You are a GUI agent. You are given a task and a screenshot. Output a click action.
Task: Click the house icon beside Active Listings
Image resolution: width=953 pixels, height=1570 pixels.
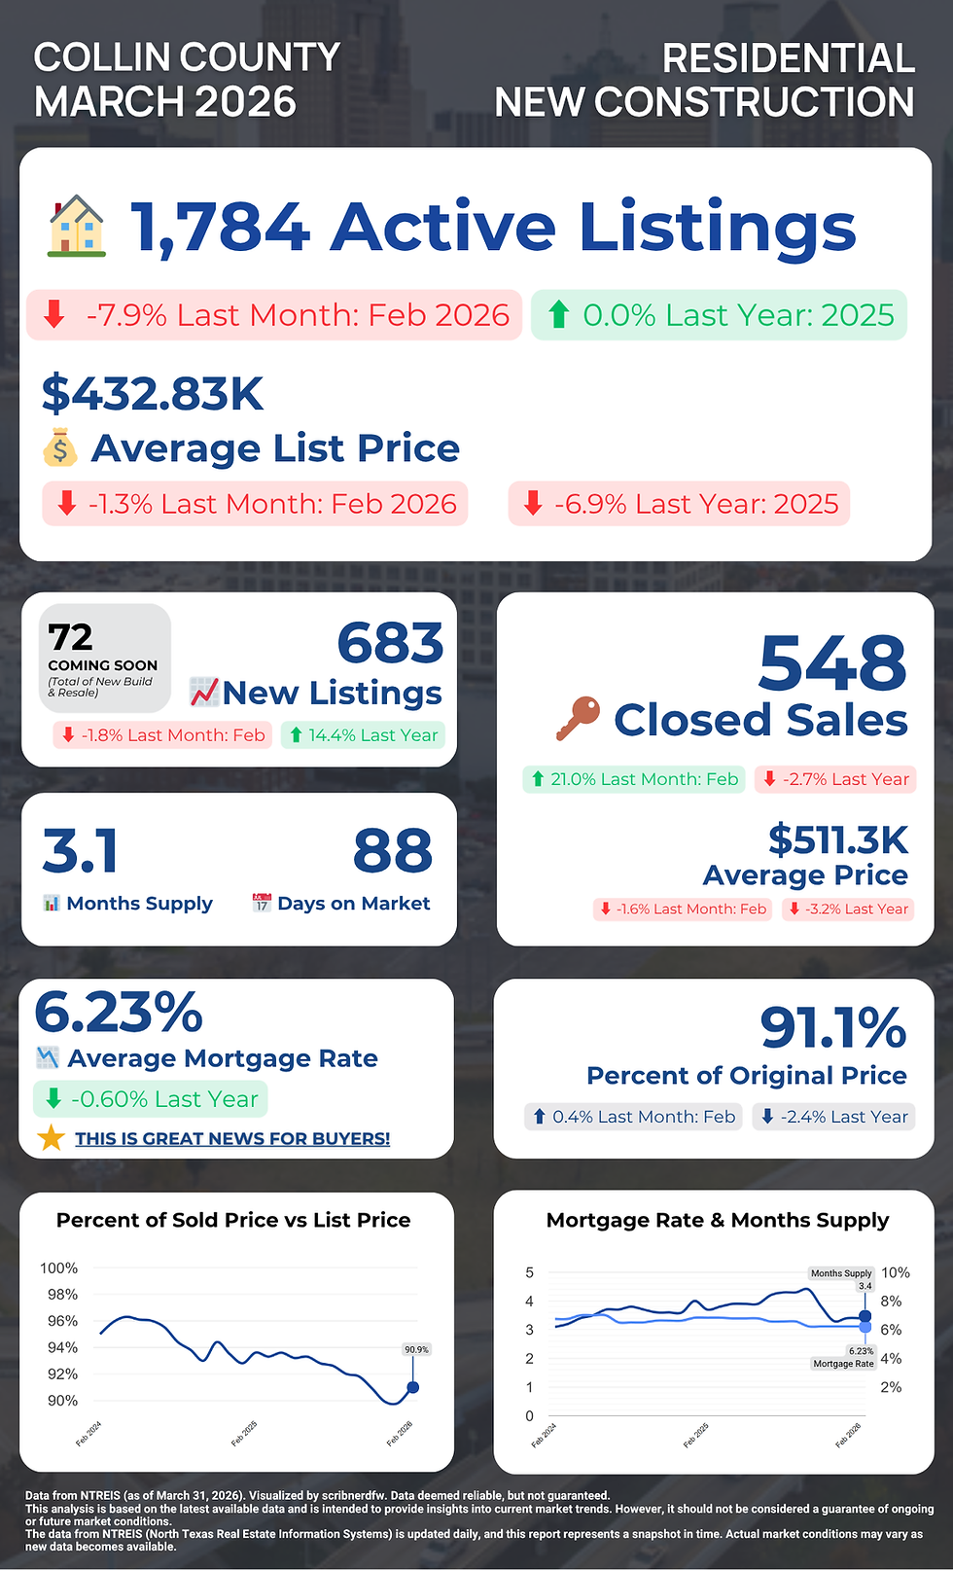pos(77,227)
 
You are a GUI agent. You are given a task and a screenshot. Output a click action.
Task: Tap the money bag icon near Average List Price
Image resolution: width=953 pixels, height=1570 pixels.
pos(60,447)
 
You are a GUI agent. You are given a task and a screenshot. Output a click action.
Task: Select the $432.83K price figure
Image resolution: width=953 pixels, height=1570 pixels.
pos(153,394)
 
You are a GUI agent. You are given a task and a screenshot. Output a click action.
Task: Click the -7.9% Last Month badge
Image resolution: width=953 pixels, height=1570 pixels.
pos(274,315)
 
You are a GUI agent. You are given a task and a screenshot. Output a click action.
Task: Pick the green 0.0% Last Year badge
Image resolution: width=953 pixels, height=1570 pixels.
pos(719,315)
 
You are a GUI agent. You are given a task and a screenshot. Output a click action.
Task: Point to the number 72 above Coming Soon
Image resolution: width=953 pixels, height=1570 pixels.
pos(71,637)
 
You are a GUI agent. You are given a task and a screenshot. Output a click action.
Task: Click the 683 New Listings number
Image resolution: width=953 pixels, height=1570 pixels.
pos(390,643)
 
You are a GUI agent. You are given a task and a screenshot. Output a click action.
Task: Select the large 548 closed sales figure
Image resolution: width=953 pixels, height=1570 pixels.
pos(832,663)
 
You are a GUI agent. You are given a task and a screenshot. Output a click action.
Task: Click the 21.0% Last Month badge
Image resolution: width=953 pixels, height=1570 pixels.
pos(633,779)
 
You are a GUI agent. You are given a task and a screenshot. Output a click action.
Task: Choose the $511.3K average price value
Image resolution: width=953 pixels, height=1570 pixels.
pos(837,839)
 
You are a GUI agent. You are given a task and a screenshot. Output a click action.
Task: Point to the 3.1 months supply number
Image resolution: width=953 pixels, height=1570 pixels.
pos(81,851)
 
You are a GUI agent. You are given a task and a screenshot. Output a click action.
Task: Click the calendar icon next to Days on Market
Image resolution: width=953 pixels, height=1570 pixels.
pos(261,903)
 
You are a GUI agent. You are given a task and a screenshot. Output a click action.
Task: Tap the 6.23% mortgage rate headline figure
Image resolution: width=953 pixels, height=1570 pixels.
pos(119,1013)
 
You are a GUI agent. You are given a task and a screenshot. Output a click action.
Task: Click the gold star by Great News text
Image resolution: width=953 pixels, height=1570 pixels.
pos(51,1137)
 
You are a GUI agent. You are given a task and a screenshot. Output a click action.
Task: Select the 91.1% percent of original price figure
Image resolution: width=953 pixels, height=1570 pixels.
pos(832,1028)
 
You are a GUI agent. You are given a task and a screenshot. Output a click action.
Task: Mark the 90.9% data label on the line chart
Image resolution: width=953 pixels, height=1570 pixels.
pos(416,1349)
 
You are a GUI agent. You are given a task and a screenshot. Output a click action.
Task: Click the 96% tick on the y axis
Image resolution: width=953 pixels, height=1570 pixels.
pos(59,1321)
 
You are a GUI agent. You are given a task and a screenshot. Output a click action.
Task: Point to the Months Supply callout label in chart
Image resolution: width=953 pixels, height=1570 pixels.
pos(841,1273)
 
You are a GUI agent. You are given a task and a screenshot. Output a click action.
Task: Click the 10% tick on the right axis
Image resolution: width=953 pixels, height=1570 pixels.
pos(895,1272)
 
